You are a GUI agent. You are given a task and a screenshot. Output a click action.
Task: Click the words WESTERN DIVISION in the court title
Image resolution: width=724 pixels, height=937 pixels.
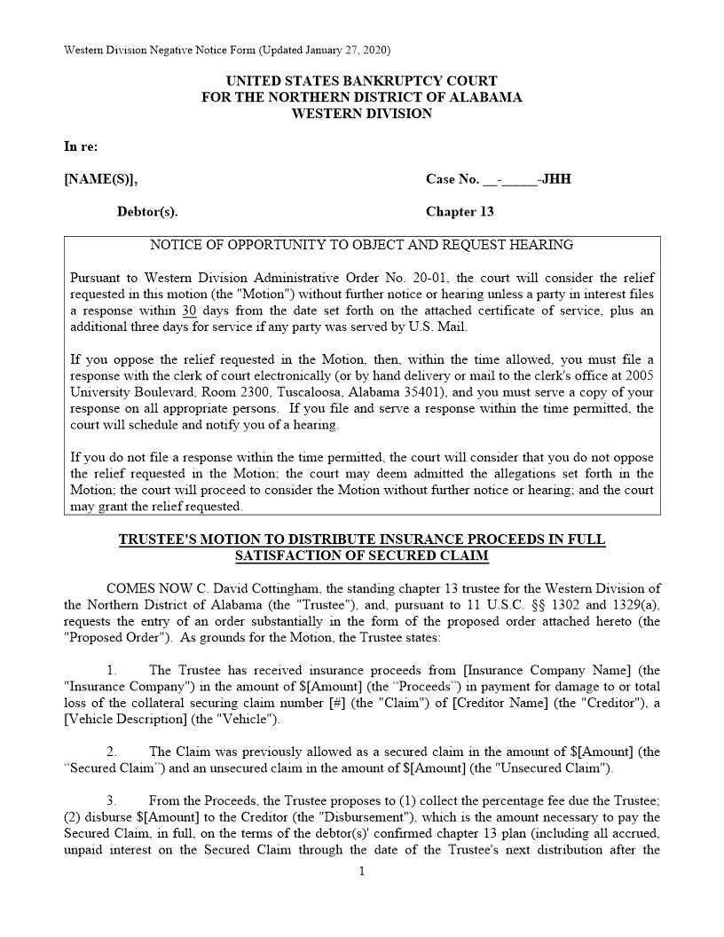click(362, 114)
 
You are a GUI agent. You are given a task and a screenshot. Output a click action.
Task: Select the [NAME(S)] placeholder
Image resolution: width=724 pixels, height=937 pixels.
click(100, 179)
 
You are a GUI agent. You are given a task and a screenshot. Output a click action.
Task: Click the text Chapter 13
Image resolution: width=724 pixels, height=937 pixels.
click(460, 212)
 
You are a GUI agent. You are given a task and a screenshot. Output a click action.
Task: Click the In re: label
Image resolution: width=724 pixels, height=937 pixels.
click(81, 146)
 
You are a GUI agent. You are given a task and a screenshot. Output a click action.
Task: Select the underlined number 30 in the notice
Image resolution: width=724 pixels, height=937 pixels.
click(189, 311)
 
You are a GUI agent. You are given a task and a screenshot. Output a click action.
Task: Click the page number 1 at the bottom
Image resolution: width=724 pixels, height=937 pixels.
click(362, 872)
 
